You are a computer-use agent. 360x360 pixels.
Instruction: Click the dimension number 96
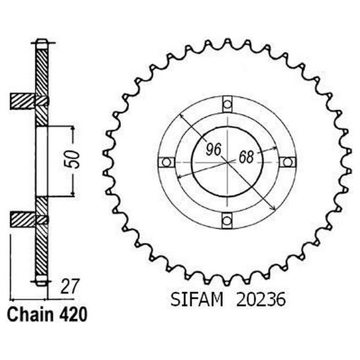point(213,150)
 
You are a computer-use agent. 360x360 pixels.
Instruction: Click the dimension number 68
point(246,157)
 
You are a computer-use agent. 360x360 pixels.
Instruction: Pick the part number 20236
point(259,300)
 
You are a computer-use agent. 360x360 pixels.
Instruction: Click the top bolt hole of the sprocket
point(228,103)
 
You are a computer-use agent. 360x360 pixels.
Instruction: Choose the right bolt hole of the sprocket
point(288,161)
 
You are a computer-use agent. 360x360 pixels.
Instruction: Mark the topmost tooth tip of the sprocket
point(228,41)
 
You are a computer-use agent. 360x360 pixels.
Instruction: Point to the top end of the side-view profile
point(42,41)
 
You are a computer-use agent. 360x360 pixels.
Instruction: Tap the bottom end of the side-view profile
point(42,282)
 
